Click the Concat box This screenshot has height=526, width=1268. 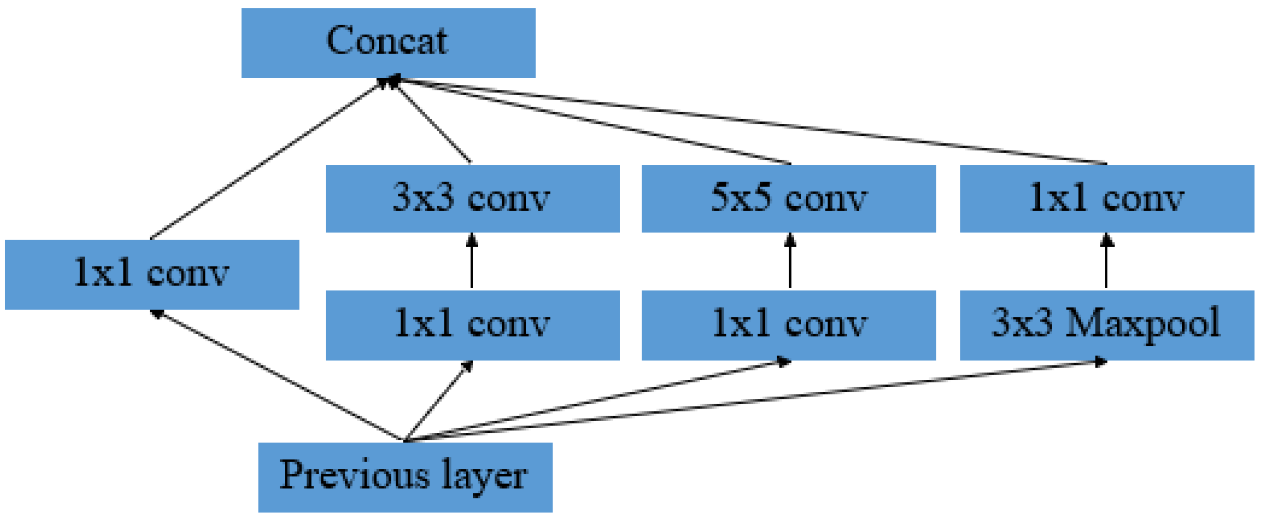(x=388, y=43)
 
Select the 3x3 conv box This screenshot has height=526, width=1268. (x=472, y=198)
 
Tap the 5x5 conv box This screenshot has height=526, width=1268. (x=788, y=198)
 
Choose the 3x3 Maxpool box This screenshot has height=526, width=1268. (x=1106, y=325)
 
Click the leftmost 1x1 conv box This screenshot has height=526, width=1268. (x=152, y=274)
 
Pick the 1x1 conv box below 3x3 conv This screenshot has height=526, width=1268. (x=472, y=325)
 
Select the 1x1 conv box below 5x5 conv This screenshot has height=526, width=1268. (x=788, y=325)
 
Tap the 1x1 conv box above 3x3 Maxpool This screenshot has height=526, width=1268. (x=1106, y=198)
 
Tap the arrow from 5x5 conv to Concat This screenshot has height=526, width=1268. (x=593, y=121)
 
